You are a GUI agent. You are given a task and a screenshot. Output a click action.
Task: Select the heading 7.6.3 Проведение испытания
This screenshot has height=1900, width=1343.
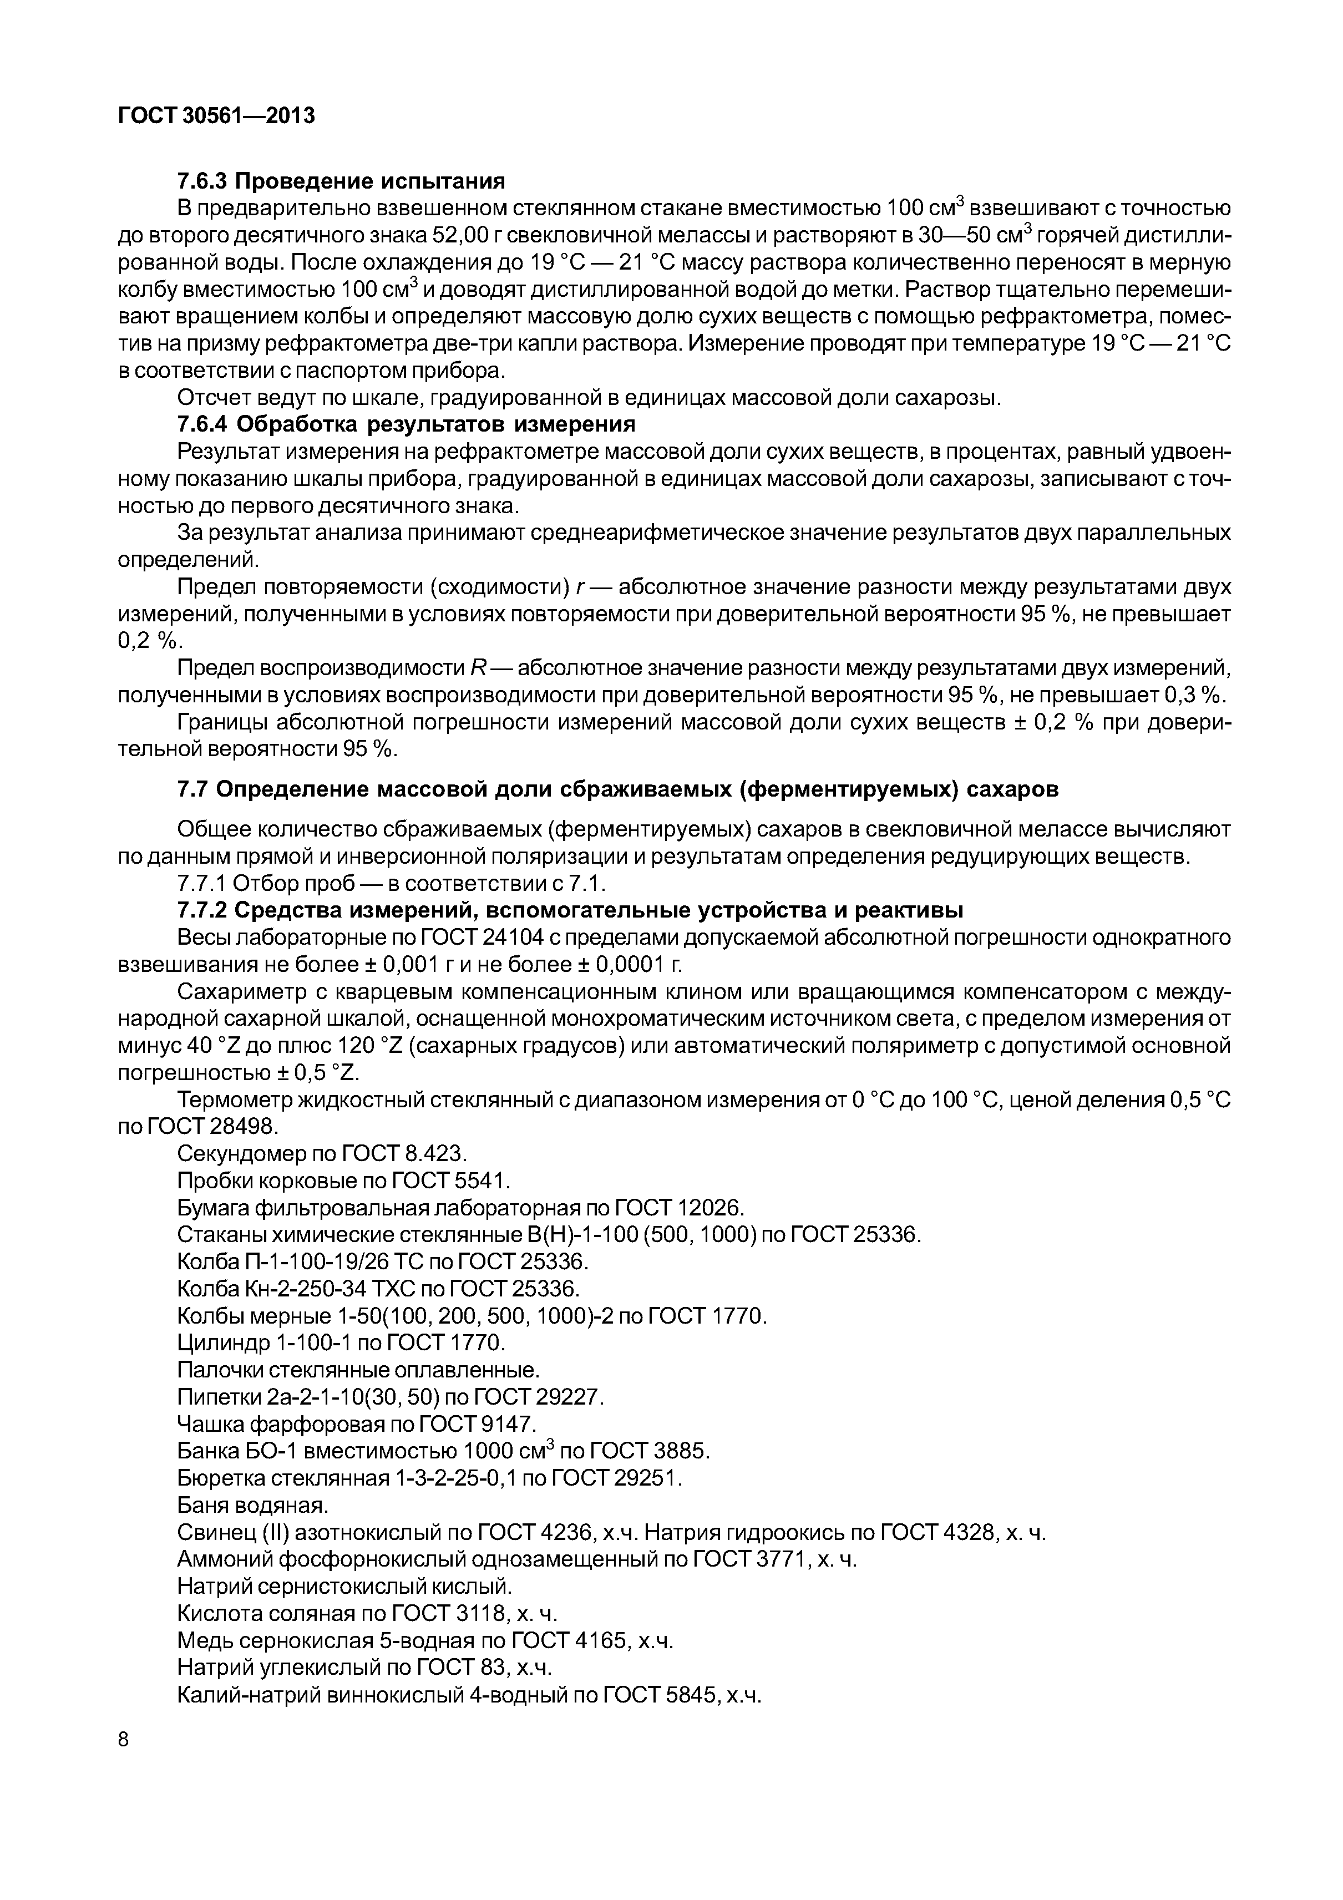(x=341, y=180)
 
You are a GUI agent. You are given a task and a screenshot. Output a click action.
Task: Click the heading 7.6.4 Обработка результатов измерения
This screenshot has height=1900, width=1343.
(x=406, y=424)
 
